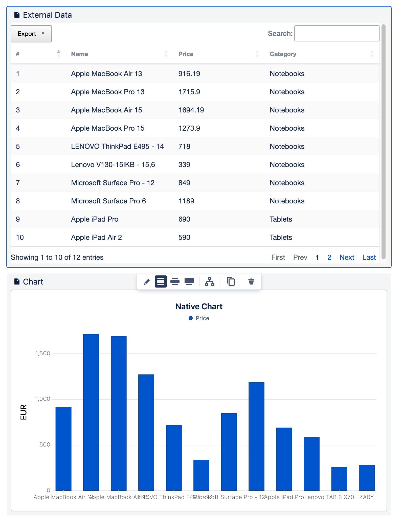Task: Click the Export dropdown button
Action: [x=31, y=34]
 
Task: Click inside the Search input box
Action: [x=337, y=33]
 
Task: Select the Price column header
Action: [x=186, y=54]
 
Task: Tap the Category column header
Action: [x=283, y=54]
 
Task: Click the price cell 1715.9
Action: [x=189, y=92]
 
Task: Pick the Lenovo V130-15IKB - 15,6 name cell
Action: [x=113, y=165]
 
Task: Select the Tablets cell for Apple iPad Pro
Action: [x=281, y=219]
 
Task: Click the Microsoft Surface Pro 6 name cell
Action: [x=108, y=201]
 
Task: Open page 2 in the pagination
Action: [x=329, y=257]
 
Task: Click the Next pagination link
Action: [x=347, y=257]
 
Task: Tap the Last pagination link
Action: [x=369, y=257]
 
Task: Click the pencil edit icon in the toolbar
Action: [x=147, y=281]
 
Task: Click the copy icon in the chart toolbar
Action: [x=231, y=281]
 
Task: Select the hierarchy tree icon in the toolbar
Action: [x=210, y=281]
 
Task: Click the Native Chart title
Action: [x=199, y=306]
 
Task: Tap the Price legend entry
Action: [x=199, y=318]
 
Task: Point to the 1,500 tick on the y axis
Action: [x=43, y=353]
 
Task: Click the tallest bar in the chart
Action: [x=91, y=412]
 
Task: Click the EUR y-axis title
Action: [x=24, y=412]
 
